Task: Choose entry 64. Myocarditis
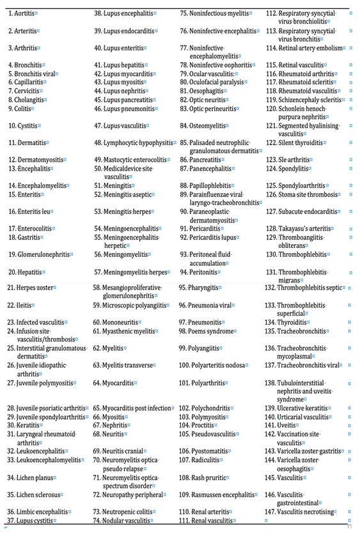117,383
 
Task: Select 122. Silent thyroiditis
297,143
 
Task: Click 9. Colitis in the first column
21,108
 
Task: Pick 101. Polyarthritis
207,383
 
